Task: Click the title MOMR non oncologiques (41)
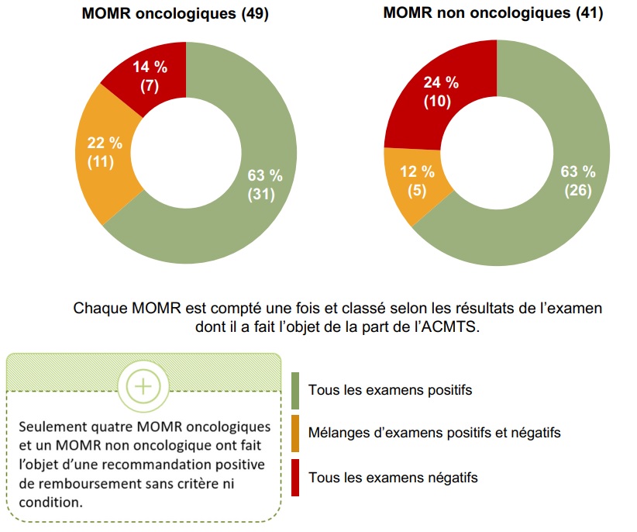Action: coord(493,14)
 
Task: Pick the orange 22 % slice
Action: coord(105,152)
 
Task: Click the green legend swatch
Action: coord(295,389)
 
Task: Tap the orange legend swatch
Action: coord(295,432)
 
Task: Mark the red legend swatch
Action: coord(295,477)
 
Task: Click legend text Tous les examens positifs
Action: coord(390,389)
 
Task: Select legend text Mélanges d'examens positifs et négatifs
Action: coord(434,432)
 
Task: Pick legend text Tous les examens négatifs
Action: coord(393,477)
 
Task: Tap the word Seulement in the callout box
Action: coord(52,427)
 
